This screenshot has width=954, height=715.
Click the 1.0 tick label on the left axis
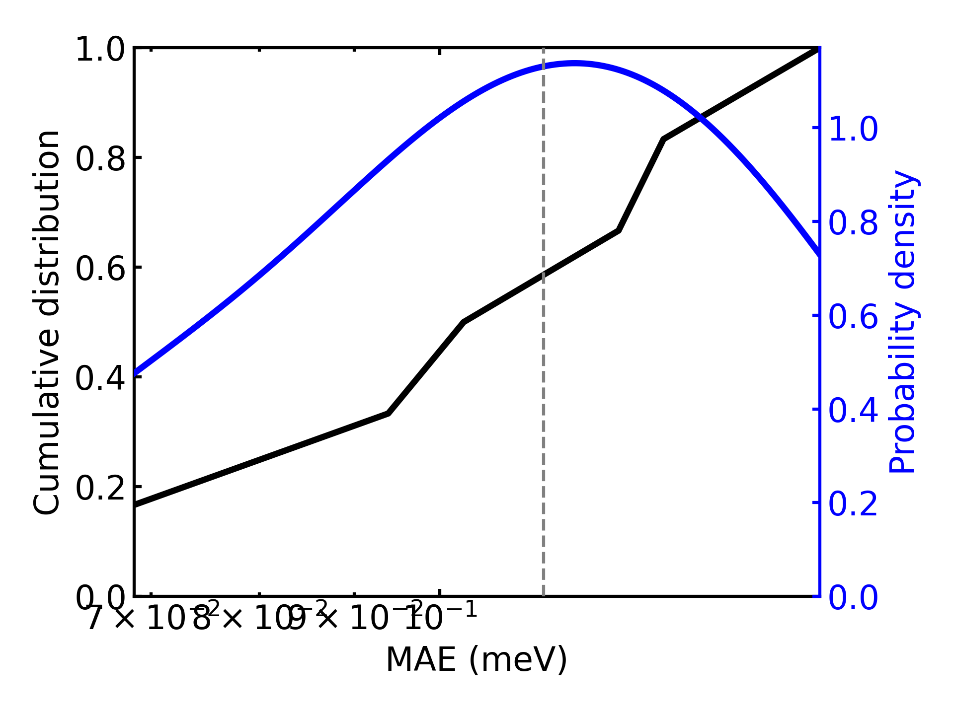pyautogui.click(x=100, y=50)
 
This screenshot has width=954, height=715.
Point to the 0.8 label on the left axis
pyautogui.click(x=100, y=160)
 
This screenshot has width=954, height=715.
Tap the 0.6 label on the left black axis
pyautogui.click(x=100, y=270)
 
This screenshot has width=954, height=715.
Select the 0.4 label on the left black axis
pyautogui.click(x=100, y=379)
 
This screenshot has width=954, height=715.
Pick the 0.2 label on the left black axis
pyautogui.click(x=100, y=489)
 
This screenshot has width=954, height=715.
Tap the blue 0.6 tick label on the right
pyautogui.click(x=853, y=317)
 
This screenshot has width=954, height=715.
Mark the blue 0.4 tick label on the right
pyautogui.click(x=853, y=411)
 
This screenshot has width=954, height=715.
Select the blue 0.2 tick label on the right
pyautogui.click(x=853, y=504)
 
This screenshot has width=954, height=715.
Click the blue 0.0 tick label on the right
pyautogui.click(x=853, y=597)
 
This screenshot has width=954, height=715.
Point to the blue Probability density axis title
pyautogui.click(x=902, y=322)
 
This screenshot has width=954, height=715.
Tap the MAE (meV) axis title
pyautogui.click(x=477, y=660)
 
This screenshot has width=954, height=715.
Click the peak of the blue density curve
pyautogui.click(x=574, y=64)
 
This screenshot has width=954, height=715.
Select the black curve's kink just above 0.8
pyautogui.click(x=664, y=140)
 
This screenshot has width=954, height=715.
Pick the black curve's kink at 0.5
pyautogui.click(x=464, y=322)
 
